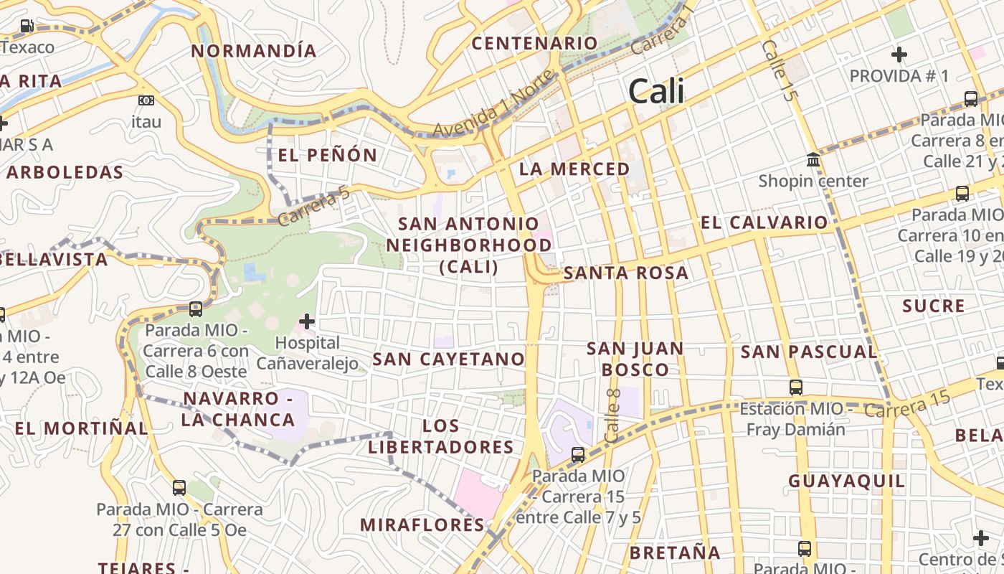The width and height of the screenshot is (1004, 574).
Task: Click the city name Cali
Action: coord(655,92)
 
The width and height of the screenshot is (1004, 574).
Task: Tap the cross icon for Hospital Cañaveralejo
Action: coord(307,321)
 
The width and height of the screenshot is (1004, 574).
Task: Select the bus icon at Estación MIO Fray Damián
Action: coord(795,387)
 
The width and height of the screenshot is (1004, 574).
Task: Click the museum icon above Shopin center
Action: coord(813,159)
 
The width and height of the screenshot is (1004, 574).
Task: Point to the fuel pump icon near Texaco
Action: coord(27,26)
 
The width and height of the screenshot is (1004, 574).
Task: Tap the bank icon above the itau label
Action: coord(146,100)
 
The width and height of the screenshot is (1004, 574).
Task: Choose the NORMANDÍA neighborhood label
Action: coord(254,51)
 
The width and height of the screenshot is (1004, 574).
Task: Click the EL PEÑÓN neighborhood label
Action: coord(327,155)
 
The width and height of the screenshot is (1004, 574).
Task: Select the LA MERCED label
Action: coord(574,169)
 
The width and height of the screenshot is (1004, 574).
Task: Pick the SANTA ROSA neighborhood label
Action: coord(626,273)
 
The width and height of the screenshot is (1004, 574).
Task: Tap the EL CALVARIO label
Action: coord(764,222)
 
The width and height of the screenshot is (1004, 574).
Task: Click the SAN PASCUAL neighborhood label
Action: coord(809,352)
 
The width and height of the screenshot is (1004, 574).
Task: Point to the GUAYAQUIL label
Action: coord(847,481)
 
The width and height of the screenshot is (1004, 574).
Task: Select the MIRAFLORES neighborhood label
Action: coord(422,524)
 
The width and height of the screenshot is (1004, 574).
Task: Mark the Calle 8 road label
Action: coord(612,415)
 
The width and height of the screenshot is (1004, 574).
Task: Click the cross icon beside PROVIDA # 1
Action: coord(899,55)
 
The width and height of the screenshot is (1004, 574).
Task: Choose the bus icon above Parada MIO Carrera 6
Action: coord(195,309)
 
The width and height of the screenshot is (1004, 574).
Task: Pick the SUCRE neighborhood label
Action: coord(934,306)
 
